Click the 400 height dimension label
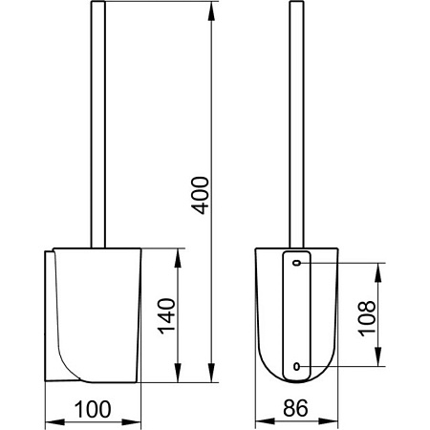point(200,195)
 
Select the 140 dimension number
point(166,316)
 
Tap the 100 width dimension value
point(93,409)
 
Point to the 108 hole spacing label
point(367,318)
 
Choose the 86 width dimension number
point(296,408)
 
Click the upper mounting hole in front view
point(297,263)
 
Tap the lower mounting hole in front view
point(296,366)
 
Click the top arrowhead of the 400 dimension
point(211,11)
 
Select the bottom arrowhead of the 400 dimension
point(211,372)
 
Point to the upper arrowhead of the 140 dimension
point(178,258)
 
